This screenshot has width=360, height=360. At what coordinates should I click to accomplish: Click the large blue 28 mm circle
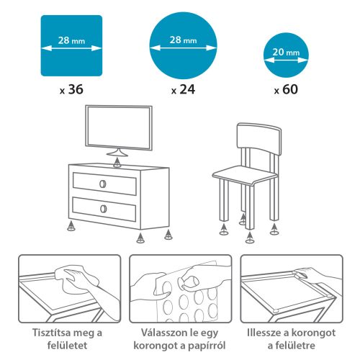click(184, 45)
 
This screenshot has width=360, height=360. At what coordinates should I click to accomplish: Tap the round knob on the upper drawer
click(103, 183)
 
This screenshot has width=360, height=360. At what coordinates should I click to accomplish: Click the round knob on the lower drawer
click(103, 208)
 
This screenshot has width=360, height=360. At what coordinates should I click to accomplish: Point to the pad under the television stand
click(118, 163)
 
